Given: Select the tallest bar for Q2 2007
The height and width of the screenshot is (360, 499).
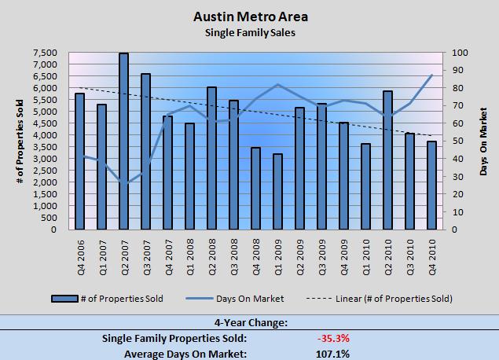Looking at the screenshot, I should tap(123, 141).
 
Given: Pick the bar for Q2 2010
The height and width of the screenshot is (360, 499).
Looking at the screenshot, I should tap(387, 160).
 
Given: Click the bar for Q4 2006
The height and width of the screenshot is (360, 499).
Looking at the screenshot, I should tap(79, 162).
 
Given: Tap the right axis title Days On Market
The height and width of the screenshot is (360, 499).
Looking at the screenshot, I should tap(483, 141).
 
